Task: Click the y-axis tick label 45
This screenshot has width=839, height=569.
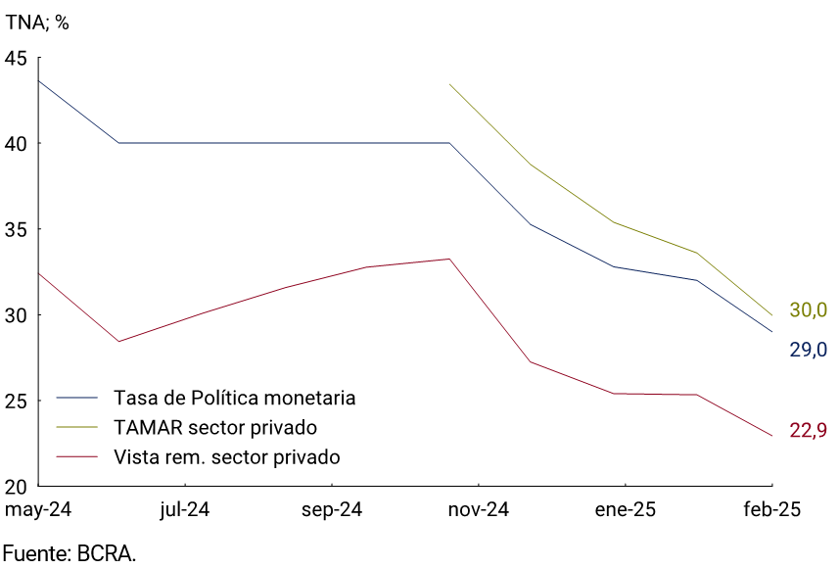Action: pos(16,58)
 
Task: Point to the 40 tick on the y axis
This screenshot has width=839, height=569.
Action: pos(16,144)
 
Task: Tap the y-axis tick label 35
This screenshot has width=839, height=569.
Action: pos(16,229)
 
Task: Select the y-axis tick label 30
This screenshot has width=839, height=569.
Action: pos(16,315)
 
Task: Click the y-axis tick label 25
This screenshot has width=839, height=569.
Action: pos(16,401)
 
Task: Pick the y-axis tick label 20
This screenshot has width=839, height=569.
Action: pos(16,487)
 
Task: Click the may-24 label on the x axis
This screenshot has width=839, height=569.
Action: pos(38,510)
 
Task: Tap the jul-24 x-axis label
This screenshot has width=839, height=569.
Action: pos(184,510)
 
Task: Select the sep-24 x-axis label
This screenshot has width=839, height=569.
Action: pos(332,510)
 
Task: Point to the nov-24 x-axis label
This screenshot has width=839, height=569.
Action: pos(479,510)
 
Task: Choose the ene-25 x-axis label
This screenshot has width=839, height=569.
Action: pos(626,510)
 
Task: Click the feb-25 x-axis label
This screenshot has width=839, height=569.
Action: pos(772,510)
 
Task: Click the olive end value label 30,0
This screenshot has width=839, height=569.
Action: pos(809,310)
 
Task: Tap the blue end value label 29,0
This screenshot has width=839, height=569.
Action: pos(809,350)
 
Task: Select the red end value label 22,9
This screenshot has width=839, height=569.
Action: pos(809,431)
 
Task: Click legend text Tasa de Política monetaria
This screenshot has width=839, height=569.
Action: pos(234,399)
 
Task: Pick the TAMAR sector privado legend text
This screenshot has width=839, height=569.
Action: pos(215,428)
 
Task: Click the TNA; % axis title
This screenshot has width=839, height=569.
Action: pos(37,23)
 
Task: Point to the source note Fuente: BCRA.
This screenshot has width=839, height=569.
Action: pos(69,553)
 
